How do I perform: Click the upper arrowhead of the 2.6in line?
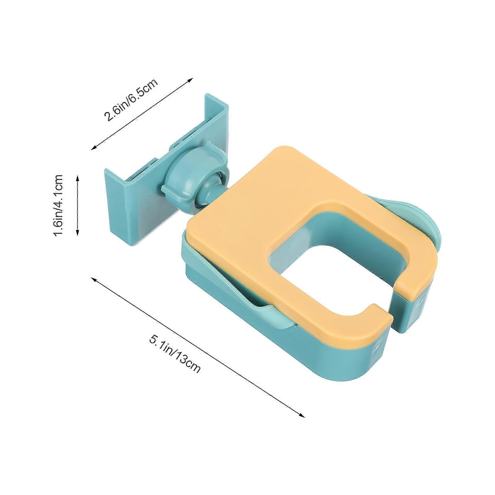tap(190, 80)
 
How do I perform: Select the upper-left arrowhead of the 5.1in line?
tap(94, 279)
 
